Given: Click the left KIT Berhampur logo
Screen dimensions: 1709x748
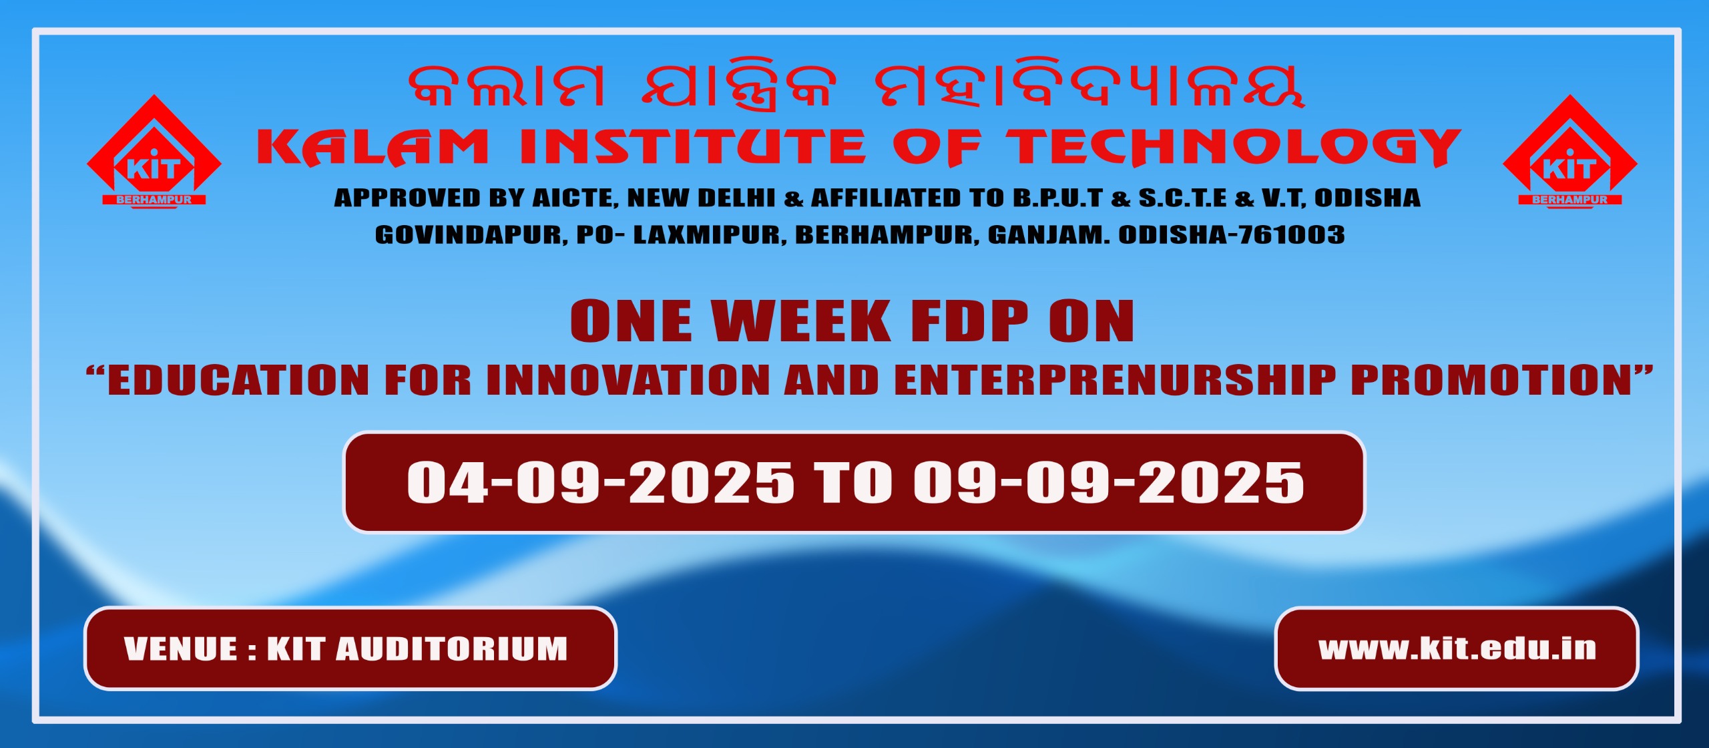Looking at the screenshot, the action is tap(154, 152).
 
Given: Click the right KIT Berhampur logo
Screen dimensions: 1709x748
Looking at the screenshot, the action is tap(1569, 152).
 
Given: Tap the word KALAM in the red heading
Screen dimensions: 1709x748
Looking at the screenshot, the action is tap(373, 147).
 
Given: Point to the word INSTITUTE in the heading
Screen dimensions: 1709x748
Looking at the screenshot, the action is tap(692, 147).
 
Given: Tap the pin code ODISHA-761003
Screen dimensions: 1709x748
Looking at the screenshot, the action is tap(1232, 235).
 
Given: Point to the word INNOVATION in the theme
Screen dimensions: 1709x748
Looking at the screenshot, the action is tap(628, 380).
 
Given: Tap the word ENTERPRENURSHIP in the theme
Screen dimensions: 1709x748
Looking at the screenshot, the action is tap(1116, 380).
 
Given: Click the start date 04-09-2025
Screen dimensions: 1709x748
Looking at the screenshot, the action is tap(600, 482).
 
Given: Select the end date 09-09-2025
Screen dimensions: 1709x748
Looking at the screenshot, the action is tap(1109, 482).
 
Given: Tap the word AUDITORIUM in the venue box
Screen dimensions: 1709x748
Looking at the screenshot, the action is tap(452, 649).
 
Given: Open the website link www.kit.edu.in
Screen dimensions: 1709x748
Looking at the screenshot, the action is tap(1457, 648).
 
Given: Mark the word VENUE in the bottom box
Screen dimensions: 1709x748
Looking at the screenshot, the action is tap(181, 649).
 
